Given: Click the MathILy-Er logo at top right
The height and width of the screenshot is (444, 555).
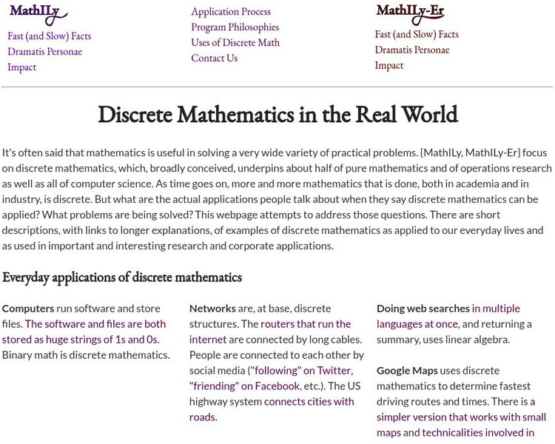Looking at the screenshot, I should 410,12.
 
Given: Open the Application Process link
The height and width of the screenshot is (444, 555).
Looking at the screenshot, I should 231,12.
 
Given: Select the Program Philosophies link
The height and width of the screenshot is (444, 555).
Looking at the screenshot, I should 235,27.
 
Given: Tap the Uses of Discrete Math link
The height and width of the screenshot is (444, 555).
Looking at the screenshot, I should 235,43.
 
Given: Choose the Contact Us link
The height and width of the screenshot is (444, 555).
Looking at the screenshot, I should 214,58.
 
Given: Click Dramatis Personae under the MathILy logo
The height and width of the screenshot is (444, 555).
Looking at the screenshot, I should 44,52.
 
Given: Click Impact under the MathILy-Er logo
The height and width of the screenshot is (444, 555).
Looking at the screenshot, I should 389,66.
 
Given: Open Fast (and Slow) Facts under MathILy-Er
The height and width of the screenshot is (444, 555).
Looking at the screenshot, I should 417,35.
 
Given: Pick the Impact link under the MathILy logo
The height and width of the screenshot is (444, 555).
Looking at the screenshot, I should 21,67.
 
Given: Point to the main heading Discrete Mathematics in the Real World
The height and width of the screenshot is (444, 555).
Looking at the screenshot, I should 277,115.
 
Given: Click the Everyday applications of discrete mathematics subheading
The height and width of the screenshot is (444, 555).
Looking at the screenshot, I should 122,277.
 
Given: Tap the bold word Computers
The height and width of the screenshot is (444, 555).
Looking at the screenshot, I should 28,309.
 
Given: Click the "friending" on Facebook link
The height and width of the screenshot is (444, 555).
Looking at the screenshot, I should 244,386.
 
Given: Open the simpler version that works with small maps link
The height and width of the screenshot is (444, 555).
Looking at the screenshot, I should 461,417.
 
